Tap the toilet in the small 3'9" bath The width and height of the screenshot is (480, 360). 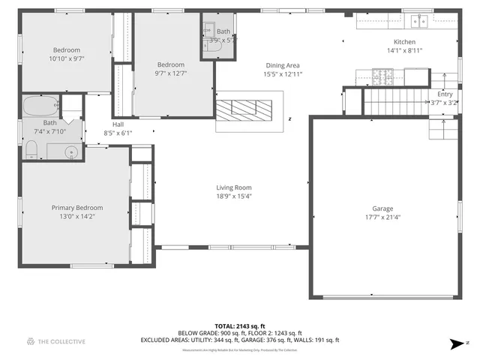[x=209, y=46]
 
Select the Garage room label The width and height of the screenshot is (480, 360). [x=382, y=208]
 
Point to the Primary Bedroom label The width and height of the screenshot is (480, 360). [x=76, y=208]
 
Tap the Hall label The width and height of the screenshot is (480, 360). [x=118, y=124]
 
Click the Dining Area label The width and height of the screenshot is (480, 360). [x=282, y=65]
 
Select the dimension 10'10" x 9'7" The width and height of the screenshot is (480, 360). [x=66, y=59]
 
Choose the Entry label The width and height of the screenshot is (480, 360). [x=445, y=94]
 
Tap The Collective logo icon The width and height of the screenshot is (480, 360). [x=31, y=341]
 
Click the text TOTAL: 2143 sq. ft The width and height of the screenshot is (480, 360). [x=240, y=325]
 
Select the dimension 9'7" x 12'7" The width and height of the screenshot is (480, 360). [x=170, y=73]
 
